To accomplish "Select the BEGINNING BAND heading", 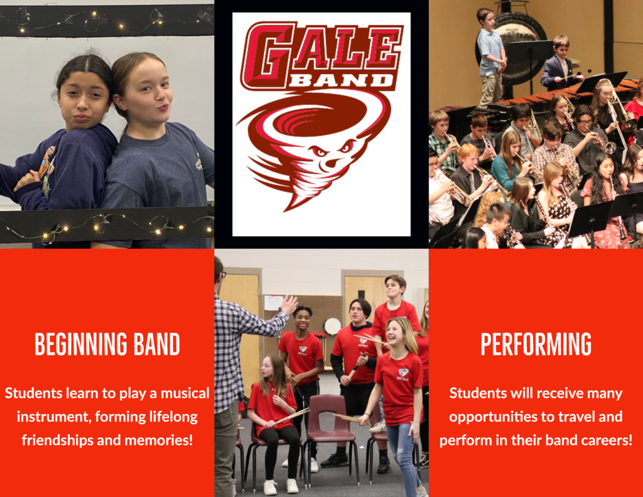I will point(107,344).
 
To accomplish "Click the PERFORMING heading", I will point(536,344).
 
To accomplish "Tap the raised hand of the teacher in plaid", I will point(289,305).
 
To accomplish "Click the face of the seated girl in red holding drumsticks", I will point(267,368).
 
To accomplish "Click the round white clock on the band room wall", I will point(332,326).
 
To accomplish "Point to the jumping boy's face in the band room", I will point(394,289).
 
